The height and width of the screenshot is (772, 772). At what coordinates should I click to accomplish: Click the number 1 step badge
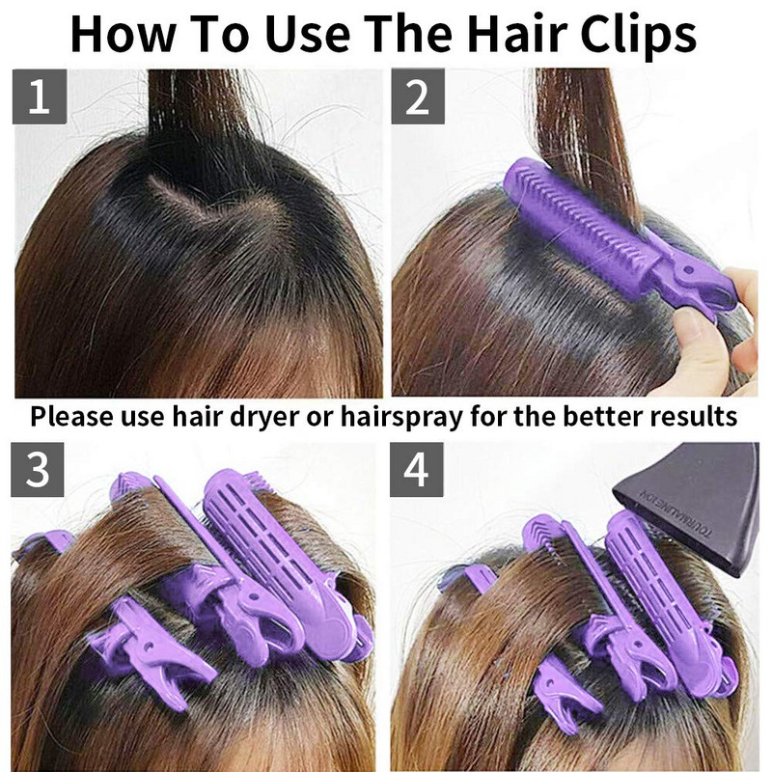(40, 96)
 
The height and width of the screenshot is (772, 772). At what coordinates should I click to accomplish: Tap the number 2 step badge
(418, 96)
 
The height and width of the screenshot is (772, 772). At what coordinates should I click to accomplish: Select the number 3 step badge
(38, 469)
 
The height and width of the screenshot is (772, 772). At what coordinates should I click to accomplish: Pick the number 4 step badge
(417, 469)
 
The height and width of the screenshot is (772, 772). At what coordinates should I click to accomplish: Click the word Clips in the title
(638, 35)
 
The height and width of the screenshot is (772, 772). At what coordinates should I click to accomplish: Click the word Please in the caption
(71, 416)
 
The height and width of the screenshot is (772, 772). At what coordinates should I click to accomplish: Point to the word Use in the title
(308, 34)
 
